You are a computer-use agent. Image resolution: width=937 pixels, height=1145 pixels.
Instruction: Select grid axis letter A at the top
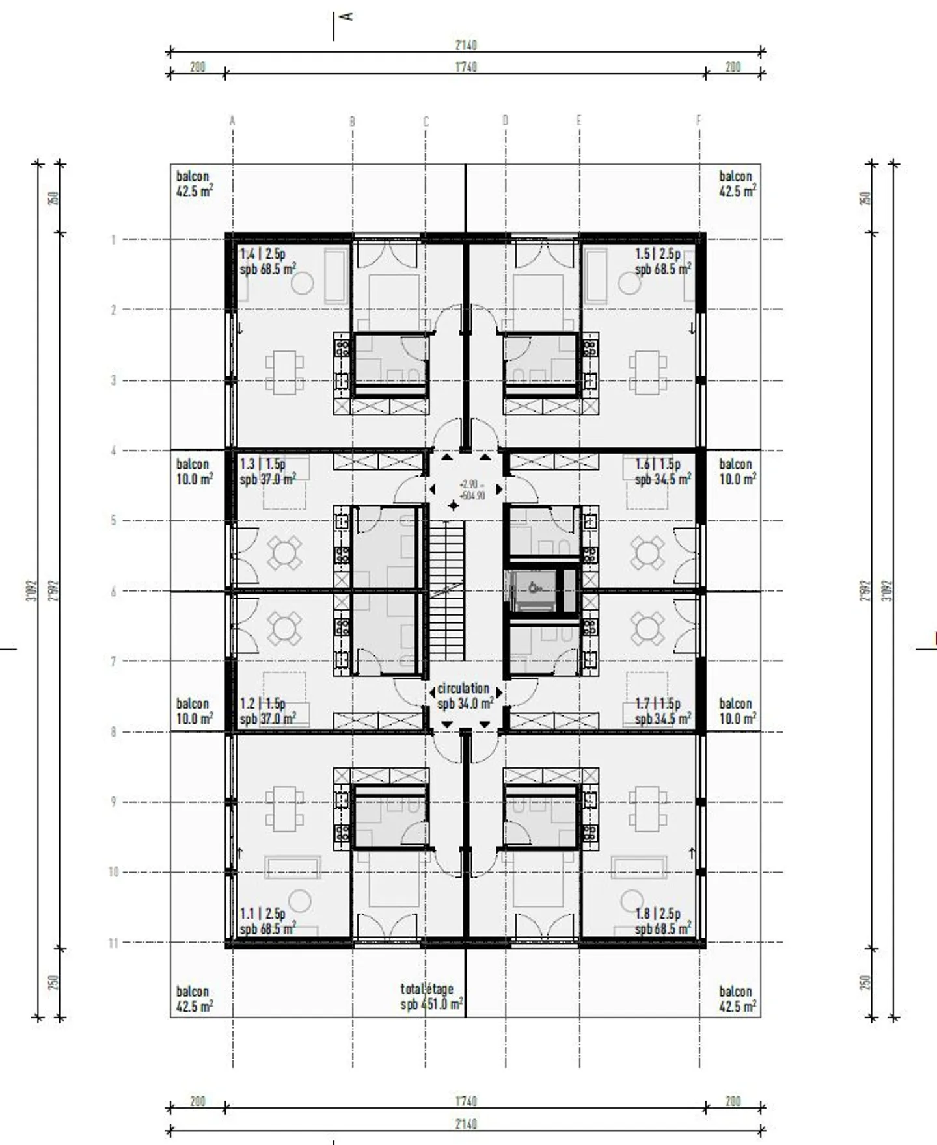click(232, 120)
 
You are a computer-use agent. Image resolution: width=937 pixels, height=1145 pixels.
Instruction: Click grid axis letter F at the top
click(699, 120)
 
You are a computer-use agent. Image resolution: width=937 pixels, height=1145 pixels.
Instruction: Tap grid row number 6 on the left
click(114, 591)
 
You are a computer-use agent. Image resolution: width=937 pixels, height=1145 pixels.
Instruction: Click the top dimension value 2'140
click(465, 46)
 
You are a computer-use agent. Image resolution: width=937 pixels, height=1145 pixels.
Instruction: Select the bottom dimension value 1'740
click(465, 1101)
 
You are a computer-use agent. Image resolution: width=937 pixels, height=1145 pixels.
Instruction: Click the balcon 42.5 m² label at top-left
click(194, 183)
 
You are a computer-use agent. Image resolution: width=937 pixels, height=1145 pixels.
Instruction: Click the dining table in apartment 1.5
click(647, 373)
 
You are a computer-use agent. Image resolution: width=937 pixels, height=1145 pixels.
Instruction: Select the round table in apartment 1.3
click(284, 553)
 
